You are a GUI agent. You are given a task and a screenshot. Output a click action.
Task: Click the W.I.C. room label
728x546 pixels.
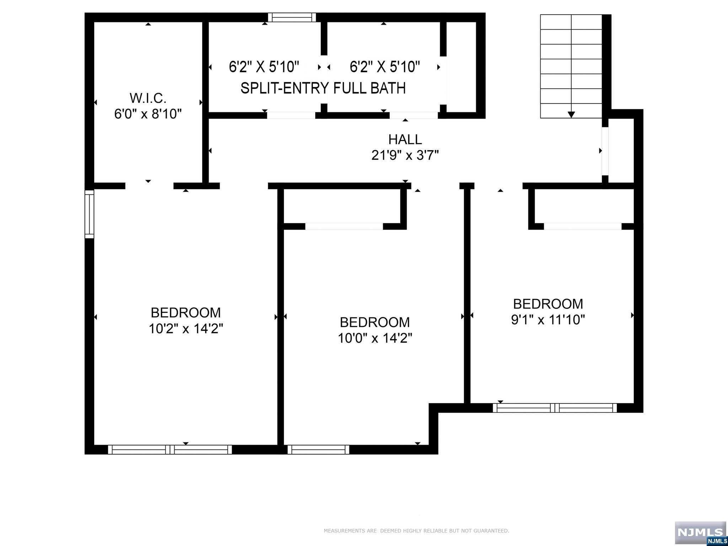tap(148, 98)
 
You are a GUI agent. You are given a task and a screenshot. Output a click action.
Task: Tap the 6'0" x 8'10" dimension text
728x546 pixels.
tap(148, 114)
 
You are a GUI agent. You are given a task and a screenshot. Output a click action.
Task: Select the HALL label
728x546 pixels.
tap(405, 139)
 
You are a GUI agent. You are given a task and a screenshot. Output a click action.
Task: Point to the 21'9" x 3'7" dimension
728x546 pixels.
tap(405, 155)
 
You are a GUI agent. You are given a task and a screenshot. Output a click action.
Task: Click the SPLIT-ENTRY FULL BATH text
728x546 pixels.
tap(323, 88)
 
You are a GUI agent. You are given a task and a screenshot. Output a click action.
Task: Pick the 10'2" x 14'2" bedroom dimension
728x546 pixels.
tap(186, 329)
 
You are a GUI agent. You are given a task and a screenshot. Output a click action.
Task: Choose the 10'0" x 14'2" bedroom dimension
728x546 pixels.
tap(375, 338)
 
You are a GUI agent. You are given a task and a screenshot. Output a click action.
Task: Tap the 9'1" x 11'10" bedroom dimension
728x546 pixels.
tap(548, 320)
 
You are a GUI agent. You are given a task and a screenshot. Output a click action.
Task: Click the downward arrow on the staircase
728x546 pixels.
tap(571, 114)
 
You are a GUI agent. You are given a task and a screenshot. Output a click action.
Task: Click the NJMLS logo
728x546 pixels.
tap(700, 532)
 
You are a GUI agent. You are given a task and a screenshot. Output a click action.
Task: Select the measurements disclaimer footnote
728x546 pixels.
tap(416, 531)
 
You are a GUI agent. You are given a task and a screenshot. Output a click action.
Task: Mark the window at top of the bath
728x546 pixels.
tap(292, 17)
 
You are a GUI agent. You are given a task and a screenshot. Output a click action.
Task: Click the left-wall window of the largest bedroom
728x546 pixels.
tap(89, 214)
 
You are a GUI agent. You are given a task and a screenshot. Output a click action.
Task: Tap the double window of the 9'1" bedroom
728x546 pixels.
tap(555, 408)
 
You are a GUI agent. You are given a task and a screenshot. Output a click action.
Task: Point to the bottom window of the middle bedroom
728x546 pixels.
tap(318, 450)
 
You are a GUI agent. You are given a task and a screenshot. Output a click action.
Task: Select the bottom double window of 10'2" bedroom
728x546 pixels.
tap(170, 450)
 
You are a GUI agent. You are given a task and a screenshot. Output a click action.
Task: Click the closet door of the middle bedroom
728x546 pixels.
tap(344, 226)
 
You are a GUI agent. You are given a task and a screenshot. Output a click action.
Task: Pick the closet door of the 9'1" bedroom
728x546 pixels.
tap(582, 226)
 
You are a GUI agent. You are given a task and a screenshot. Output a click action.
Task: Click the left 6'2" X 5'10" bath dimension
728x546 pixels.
tap(264, 67)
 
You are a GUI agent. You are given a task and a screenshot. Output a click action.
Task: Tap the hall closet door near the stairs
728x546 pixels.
tap(605, 151)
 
